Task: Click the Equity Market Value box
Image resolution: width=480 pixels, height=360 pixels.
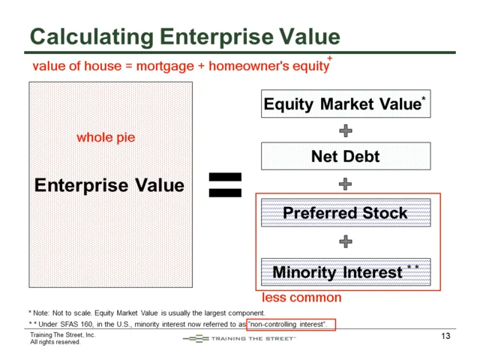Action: (x=346, y=103)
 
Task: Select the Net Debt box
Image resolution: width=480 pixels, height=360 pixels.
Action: (x=346, y=156)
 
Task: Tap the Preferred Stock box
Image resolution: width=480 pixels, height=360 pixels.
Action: (x=346, y=213)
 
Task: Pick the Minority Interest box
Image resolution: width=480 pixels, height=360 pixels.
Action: (x=346, y=271)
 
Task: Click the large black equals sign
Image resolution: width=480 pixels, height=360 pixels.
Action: (x=225, y=185)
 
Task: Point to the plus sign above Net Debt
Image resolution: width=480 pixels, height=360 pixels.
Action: (x=346, y=130)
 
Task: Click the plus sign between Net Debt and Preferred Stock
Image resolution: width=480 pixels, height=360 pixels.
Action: (x=345, y=184)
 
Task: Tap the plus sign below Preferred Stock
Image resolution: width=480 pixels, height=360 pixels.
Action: (x=346, y=241)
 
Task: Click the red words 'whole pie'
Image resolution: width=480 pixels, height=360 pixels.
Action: (x=106, y=138)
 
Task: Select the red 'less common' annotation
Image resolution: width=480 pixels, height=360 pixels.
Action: (x=301, y=298)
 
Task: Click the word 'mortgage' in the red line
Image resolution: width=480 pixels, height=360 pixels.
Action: (x=165, y=67)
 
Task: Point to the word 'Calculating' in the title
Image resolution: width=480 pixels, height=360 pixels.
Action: (x=91, y=37)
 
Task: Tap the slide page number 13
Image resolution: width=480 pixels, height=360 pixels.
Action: (x=445, y=336)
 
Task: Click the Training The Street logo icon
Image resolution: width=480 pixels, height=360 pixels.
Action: (x=196, y=338)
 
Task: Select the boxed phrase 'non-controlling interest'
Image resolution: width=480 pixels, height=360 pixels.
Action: (x=288, y=324)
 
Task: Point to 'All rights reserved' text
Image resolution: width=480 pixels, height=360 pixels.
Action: (x=55, y=342)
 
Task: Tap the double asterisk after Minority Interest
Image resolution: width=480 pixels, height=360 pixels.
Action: (x=413, y=267)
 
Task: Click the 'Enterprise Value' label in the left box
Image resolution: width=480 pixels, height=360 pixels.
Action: (x=109, y=185)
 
